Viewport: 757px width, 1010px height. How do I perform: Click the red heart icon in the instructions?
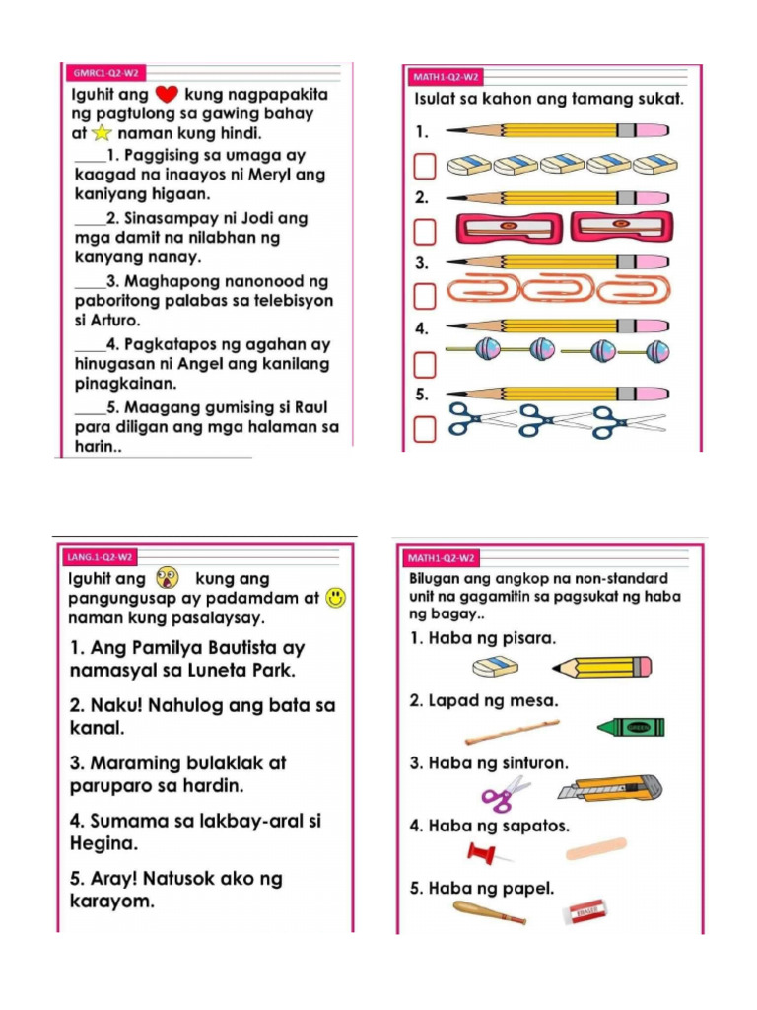click(x=165, y=96)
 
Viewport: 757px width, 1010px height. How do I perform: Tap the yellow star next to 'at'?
click(x=102, y=133)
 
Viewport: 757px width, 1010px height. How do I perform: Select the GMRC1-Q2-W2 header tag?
click(x=104, y=73)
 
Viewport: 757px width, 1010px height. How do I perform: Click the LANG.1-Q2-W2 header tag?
click(x=100, y=557)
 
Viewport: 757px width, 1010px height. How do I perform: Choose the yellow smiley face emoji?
click(x=336, y=598)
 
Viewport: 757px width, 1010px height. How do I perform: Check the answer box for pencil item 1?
click(x=424, y=165)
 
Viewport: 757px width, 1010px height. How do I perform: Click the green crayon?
click(x=631, y=728)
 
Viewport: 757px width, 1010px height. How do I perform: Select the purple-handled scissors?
click(x=504, y=793)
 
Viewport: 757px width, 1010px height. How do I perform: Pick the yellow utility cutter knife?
click(x=609, y=789)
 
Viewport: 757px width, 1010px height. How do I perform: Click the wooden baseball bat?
click(x=489, y=912)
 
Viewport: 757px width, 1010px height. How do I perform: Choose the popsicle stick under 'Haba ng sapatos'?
click(x=596, y=847)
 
